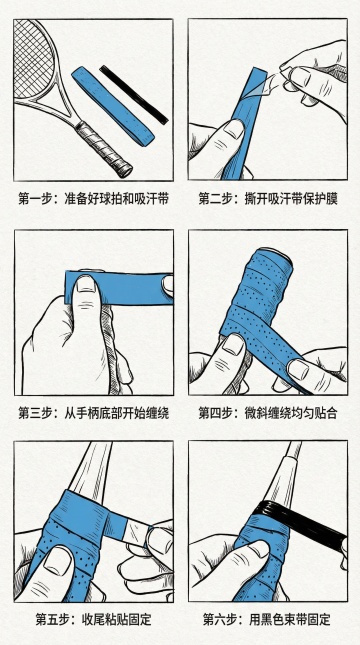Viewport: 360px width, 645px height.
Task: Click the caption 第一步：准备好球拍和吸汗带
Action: pos(94,200)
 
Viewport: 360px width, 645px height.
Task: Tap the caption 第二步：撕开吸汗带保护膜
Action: pos(268,200)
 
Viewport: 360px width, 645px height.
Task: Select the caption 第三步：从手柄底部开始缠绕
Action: pos(94,413)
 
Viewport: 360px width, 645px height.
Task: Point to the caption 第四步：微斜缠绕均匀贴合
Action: pos(268,413)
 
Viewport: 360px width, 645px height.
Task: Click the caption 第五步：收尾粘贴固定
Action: pos(94,619)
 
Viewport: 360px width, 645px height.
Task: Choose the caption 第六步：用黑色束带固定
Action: pos(267,619)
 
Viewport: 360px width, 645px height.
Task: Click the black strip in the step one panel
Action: pos(134,94)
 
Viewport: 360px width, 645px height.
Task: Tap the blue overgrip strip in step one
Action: pos(113,107)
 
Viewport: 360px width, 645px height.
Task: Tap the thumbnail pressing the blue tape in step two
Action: pos(234,128)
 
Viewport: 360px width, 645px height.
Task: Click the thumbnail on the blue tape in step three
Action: pos(86,285)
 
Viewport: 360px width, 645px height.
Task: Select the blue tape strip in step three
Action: pos(119,287)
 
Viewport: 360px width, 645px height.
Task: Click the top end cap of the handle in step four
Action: pos(273,252)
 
